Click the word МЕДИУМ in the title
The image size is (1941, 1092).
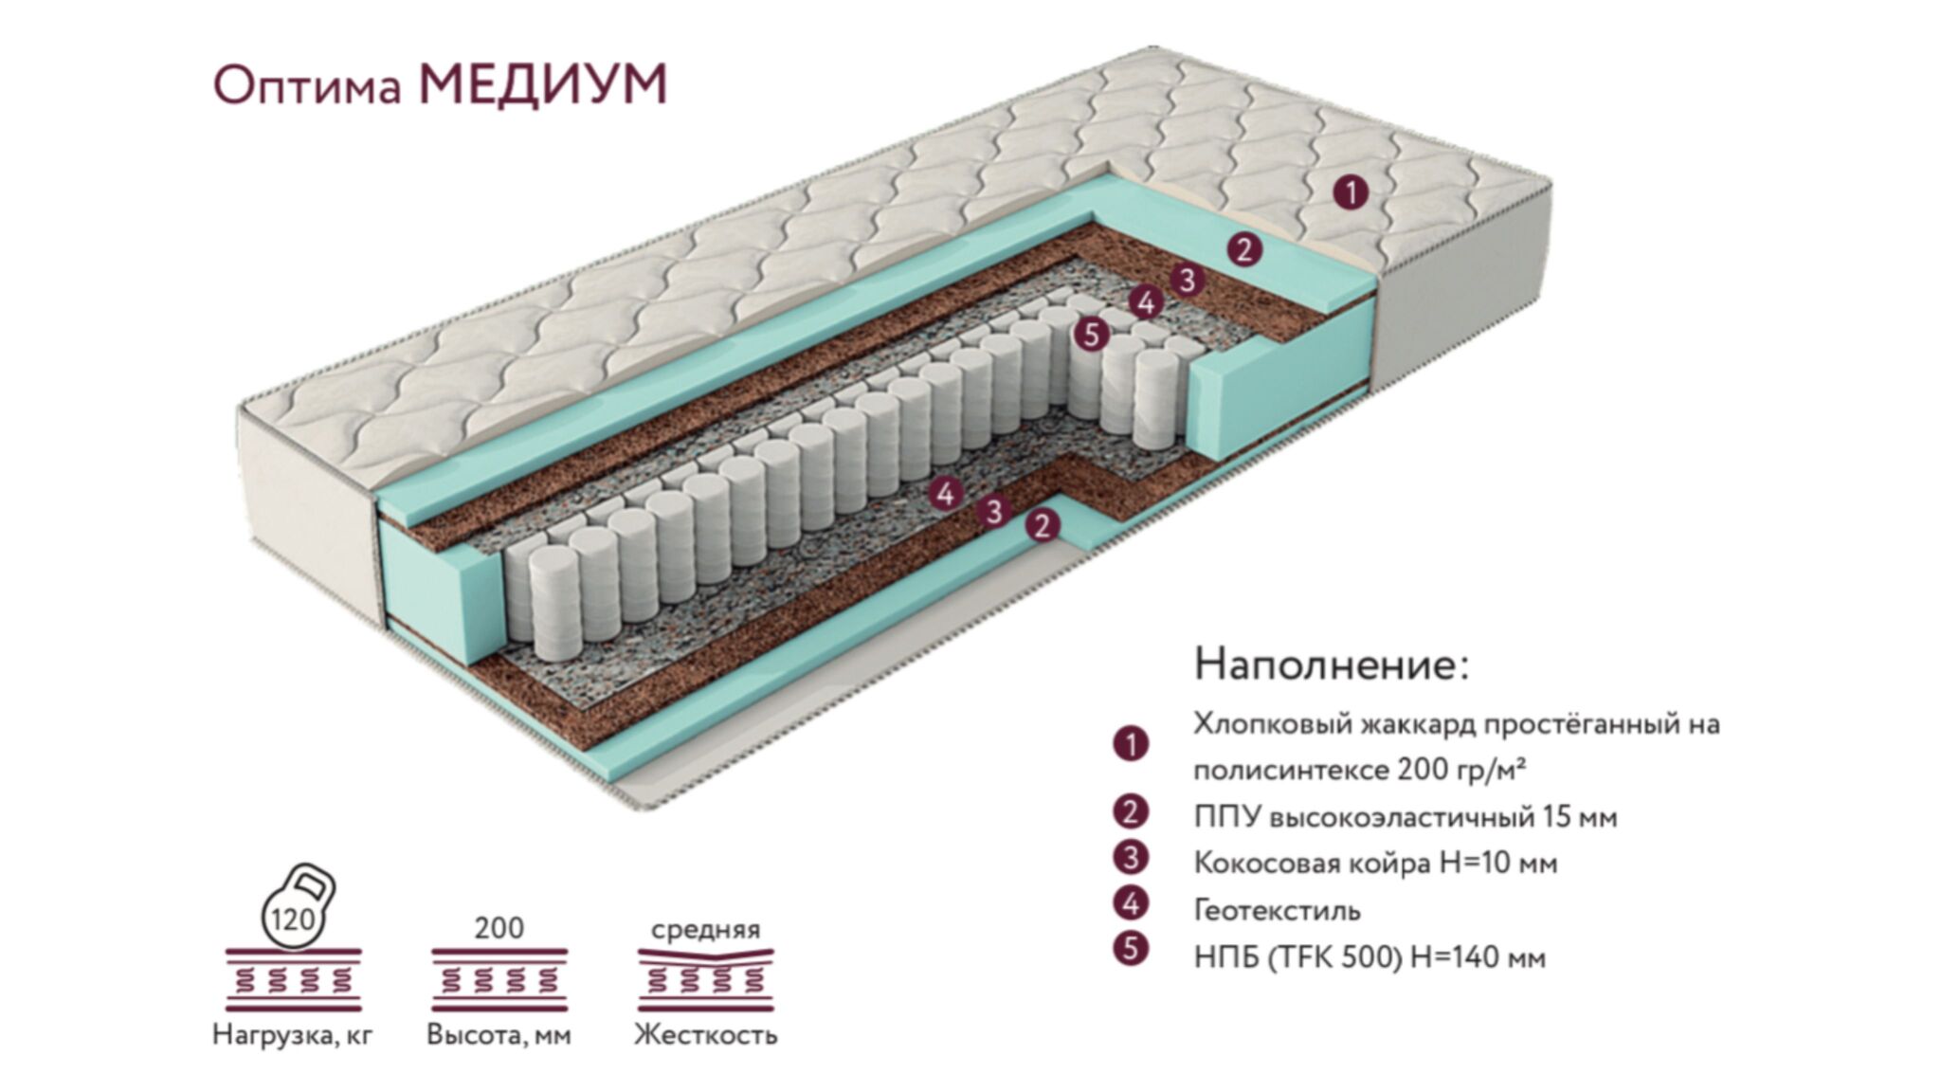(x=543, y=84)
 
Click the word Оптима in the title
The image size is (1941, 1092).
(x=308, y=87)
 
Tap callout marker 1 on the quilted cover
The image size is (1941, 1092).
(x=1351, y=192)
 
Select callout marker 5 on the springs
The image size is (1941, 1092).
(x=1092, y=335)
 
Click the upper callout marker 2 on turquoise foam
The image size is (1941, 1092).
(x=1244, y=250)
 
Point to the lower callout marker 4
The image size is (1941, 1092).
(x=946, y=493)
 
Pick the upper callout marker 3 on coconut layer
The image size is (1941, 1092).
(x=1187, y=280)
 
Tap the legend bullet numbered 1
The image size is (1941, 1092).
(x=1131, y=744)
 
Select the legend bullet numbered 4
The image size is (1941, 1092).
(x=1131, y=904)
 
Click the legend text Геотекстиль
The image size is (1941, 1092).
(x=1277, y=910)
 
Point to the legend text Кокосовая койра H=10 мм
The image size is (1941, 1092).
(x=1375, y=863)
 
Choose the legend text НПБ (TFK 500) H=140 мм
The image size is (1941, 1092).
(x=1370, y=957)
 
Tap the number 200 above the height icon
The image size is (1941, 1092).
(x=499, y=927)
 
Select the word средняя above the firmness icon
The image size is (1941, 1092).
(x=706, y=929)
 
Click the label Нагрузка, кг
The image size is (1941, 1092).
(x=293, y=1033)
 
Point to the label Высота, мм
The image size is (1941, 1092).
(x=499, y=1033)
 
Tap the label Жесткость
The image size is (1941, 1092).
(x=706, y=1033)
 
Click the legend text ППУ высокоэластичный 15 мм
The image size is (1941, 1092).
(x=1406, y=816)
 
